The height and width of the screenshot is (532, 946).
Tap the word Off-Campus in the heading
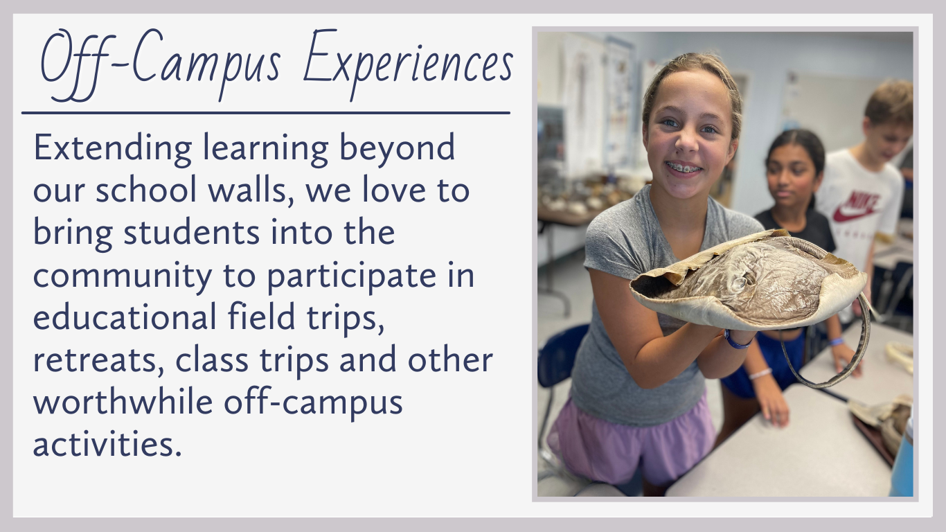click(161, 64)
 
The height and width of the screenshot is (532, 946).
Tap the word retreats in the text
click(98, 360)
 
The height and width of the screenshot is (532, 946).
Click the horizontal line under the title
click(266, 113)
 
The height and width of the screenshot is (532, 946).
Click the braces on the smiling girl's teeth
click(684, 168)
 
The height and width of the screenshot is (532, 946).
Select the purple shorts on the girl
click(632, 441)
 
